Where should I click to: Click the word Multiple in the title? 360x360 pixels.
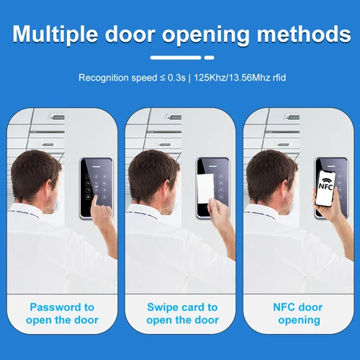62,34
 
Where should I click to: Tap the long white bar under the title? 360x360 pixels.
176,56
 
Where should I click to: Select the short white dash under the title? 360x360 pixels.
209,56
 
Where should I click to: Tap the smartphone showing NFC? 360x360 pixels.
327,189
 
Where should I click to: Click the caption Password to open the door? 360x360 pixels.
62,313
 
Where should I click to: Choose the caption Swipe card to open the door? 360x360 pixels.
181,313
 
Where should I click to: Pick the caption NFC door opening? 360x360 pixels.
298,313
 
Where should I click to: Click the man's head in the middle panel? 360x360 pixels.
153,176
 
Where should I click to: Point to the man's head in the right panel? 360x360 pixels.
270,176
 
